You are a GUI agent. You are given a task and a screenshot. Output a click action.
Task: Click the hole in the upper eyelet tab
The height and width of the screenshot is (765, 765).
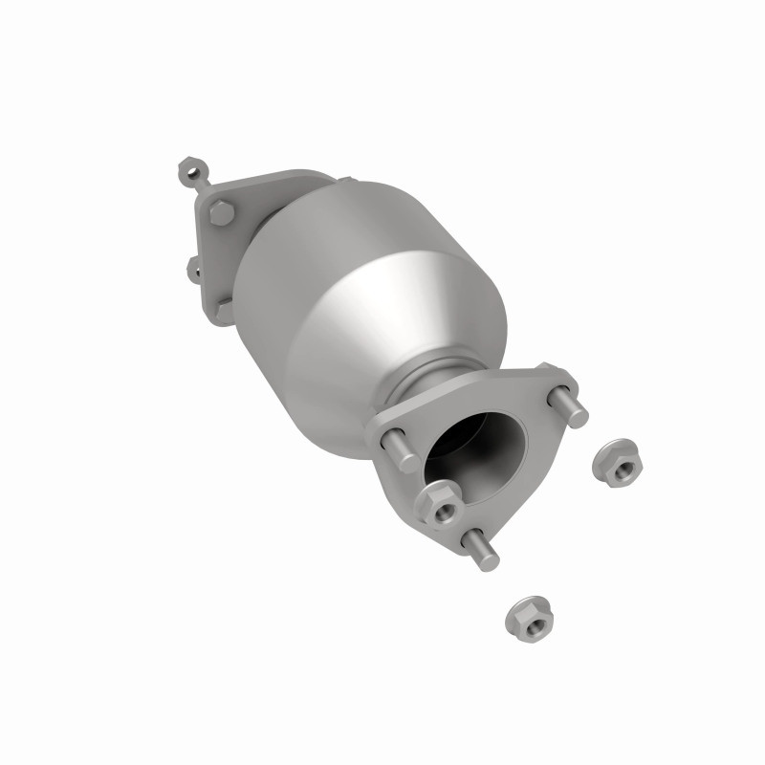coord(186,173)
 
